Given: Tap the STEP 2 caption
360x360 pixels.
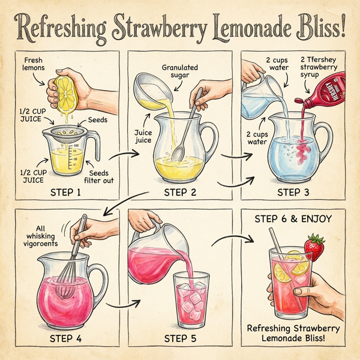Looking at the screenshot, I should [181, 193].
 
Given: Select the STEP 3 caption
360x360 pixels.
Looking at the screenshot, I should [295, 193].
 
